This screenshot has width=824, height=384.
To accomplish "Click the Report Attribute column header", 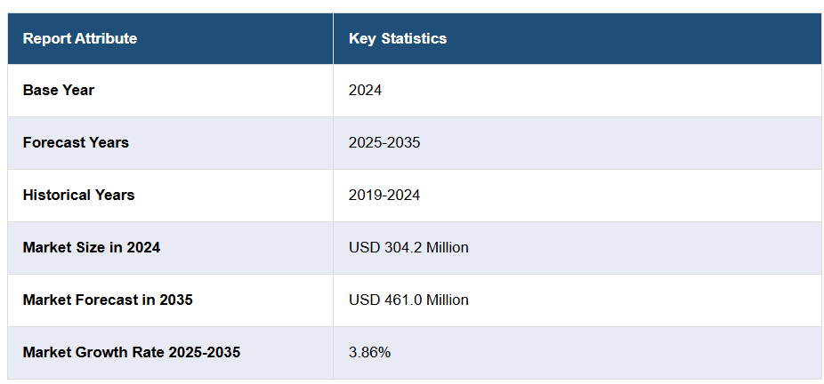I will click(80, 38).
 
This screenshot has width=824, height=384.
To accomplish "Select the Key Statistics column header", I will click(398, 38).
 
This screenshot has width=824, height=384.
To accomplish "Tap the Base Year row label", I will click(59, 90).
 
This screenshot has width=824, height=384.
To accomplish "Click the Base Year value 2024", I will click(365, 90).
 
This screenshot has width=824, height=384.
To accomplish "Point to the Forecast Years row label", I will click(76, 142).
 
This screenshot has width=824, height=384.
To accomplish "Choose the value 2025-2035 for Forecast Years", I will click(384, 142).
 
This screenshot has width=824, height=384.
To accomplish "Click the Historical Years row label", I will click(78, 195).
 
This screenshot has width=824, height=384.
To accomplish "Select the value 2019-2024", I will click(384, 195).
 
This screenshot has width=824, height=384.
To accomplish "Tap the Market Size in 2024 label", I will click(92, 247).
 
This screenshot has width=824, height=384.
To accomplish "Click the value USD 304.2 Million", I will click(408, 247).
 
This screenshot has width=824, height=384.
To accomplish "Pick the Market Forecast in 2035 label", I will click(108, 300).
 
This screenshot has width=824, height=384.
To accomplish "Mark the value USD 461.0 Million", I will click(408, 300).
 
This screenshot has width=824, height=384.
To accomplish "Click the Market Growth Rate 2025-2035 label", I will click(132, 352).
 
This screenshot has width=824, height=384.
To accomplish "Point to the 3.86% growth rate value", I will click(369, 352).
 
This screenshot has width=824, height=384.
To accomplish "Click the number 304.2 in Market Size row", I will click(399, 247).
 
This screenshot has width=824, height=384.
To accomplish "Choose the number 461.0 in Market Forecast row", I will click(399, 300).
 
